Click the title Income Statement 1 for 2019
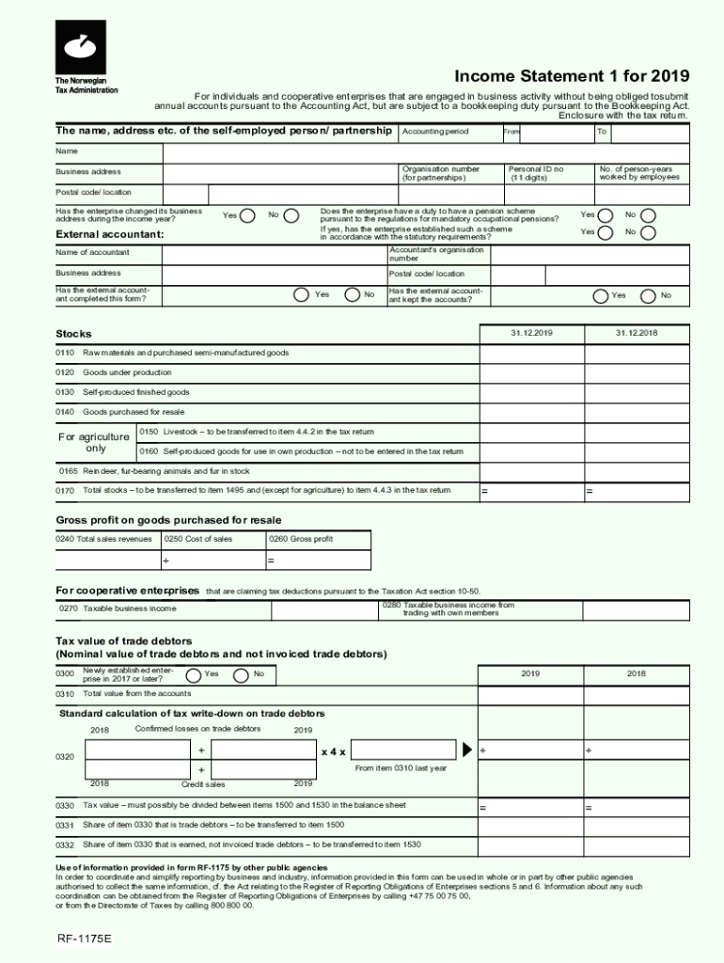tap(572, 76)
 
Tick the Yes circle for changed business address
tap(247, 215)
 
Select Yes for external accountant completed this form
tap(301, 295)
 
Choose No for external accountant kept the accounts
tap(648, 295)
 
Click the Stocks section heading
tap(73, 334)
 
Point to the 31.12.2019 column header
tap(531, 334)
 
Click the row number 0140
tap(65, 412)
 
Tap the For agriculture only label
tap(94, 443)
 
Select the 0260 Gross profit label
tap(300, 540)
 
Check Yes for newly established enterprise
tap(193, 675)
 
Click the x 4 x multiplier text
tap(333, 752)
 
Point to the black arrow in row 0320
tap(468, 750)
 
